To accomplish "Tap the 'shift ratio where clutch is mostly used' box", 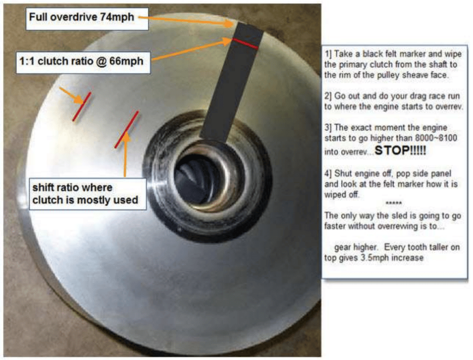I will coord(87,193).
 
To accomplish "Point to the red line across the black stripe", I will coord(245,43).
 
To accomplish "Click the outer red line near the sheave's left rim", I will coord(81,107).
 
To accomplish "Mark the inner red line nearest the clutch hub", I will coord(126,129).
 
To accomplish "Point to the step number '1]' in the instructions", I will coord(328,54).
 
